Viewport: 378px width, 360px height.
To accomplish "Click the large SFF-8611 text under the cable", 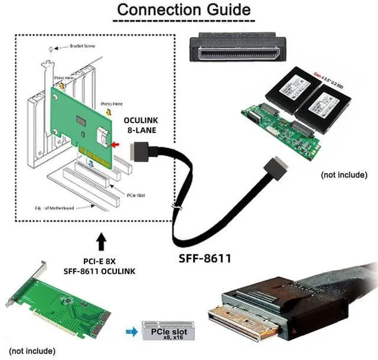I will click(204, 258).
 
